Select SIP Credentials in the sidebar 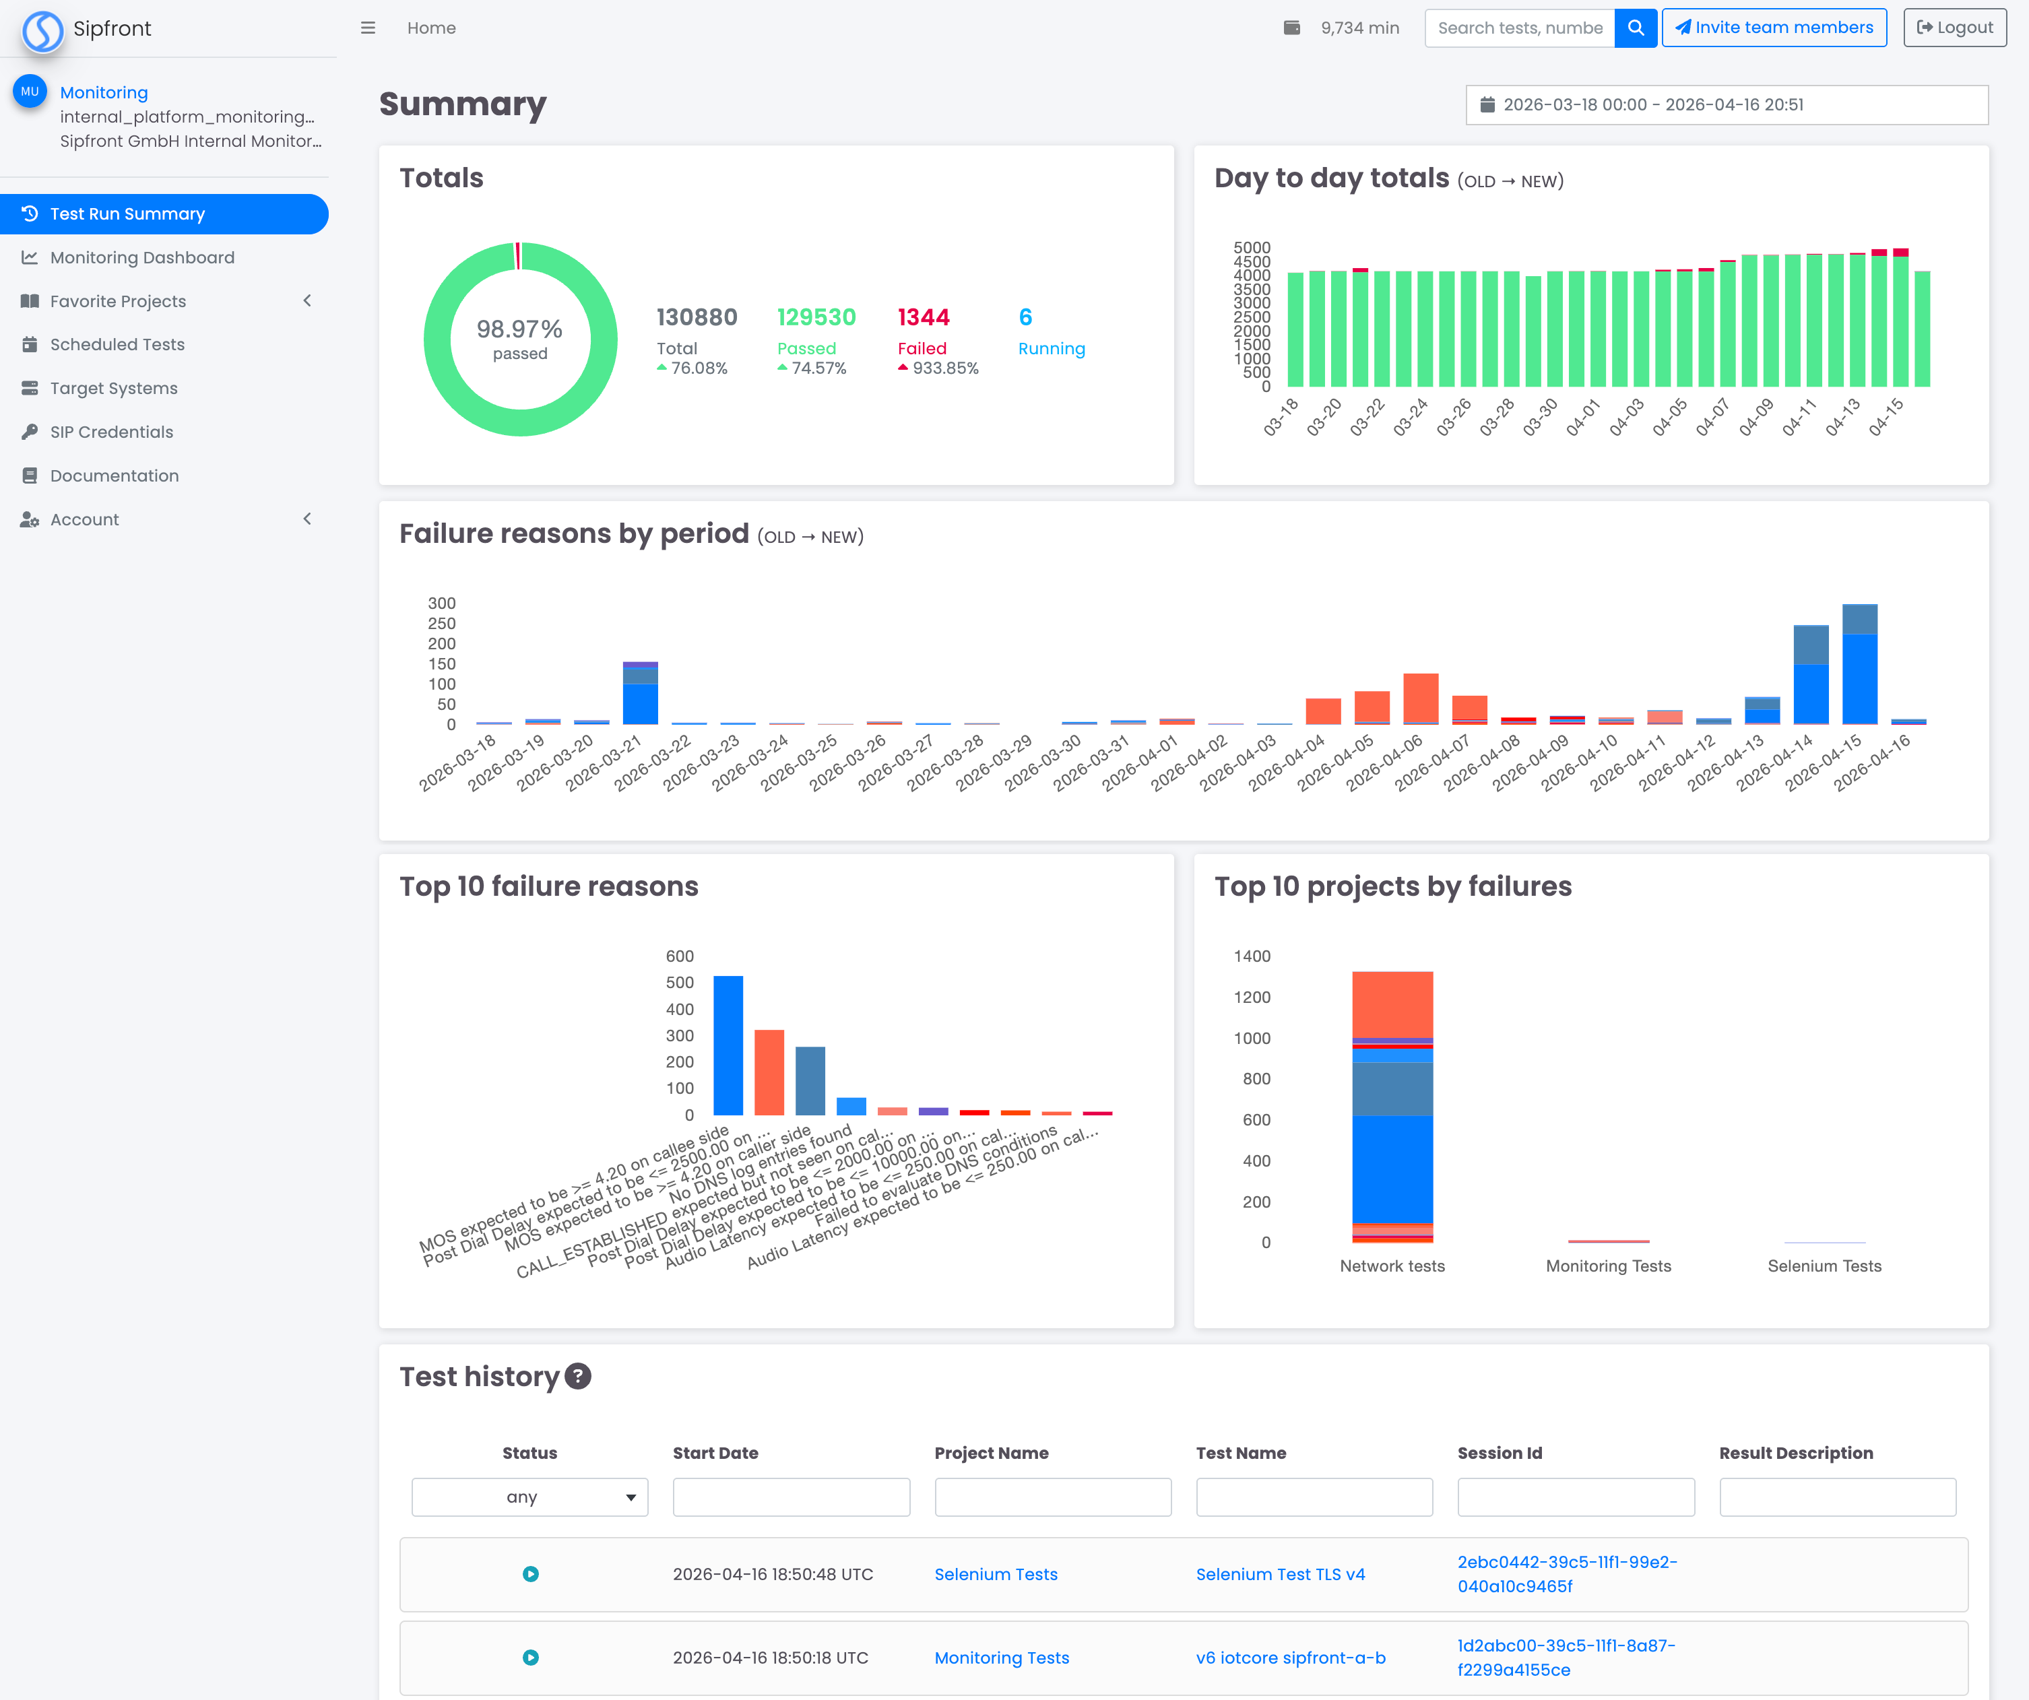tap(111, 432)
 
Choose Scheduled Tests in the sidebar tap(117, 345)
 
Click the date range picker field tap(1726, 104)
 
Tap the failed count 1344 tap(923, 318)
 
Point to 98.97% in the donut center tap(520, 329)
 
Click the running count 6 tap(1025, 318)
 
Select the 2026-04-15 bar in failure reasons tap(1859, 667)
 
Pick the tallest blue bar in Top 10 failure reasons tap(728, 1046)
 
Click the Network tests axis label tap(1391, 1266)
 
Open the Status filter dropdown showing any tap(529, 1497)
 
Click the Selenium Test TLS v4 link tap(1279, 1575)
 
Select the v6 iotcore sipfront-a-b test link tap(1290, 1658)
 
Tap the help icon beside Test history tap(578, 1377)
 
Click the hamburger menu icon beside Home tap(367, 28)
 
